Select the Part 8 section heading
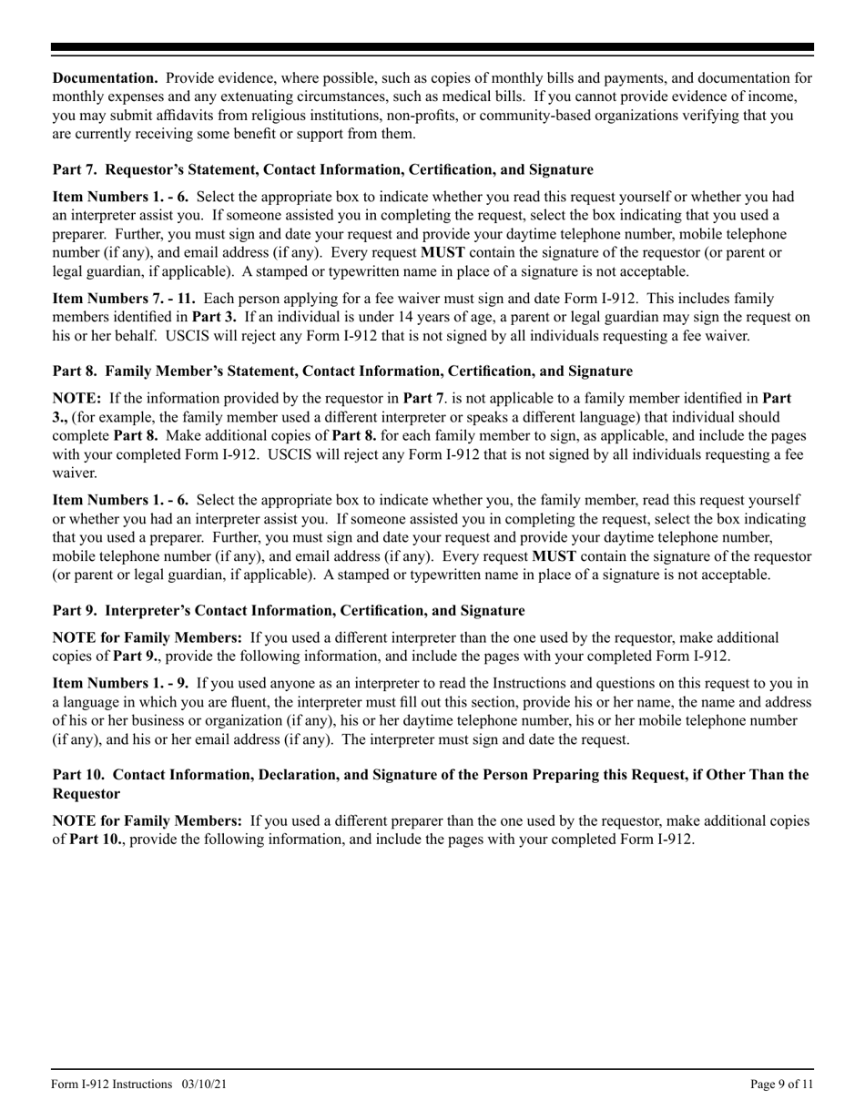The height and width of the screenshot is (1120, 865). click(342, 371)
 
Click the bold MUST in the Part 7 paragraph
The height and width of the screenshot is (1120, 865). click(437, 252)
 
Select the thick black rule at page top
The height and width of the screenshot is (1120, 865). click(432, 46)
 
